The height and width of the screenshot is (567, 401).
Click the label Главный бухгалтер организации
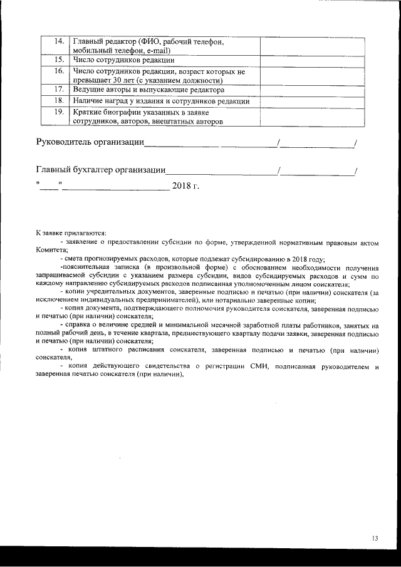[x=100, y=169]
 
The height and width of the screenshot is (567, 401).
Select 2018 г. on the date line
[x=185, y=185]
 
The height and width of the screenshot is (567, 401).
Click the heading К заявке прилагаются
[x=71, y=232]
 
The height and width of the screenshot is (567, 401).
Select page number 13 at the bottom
[x=375, y=538]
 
